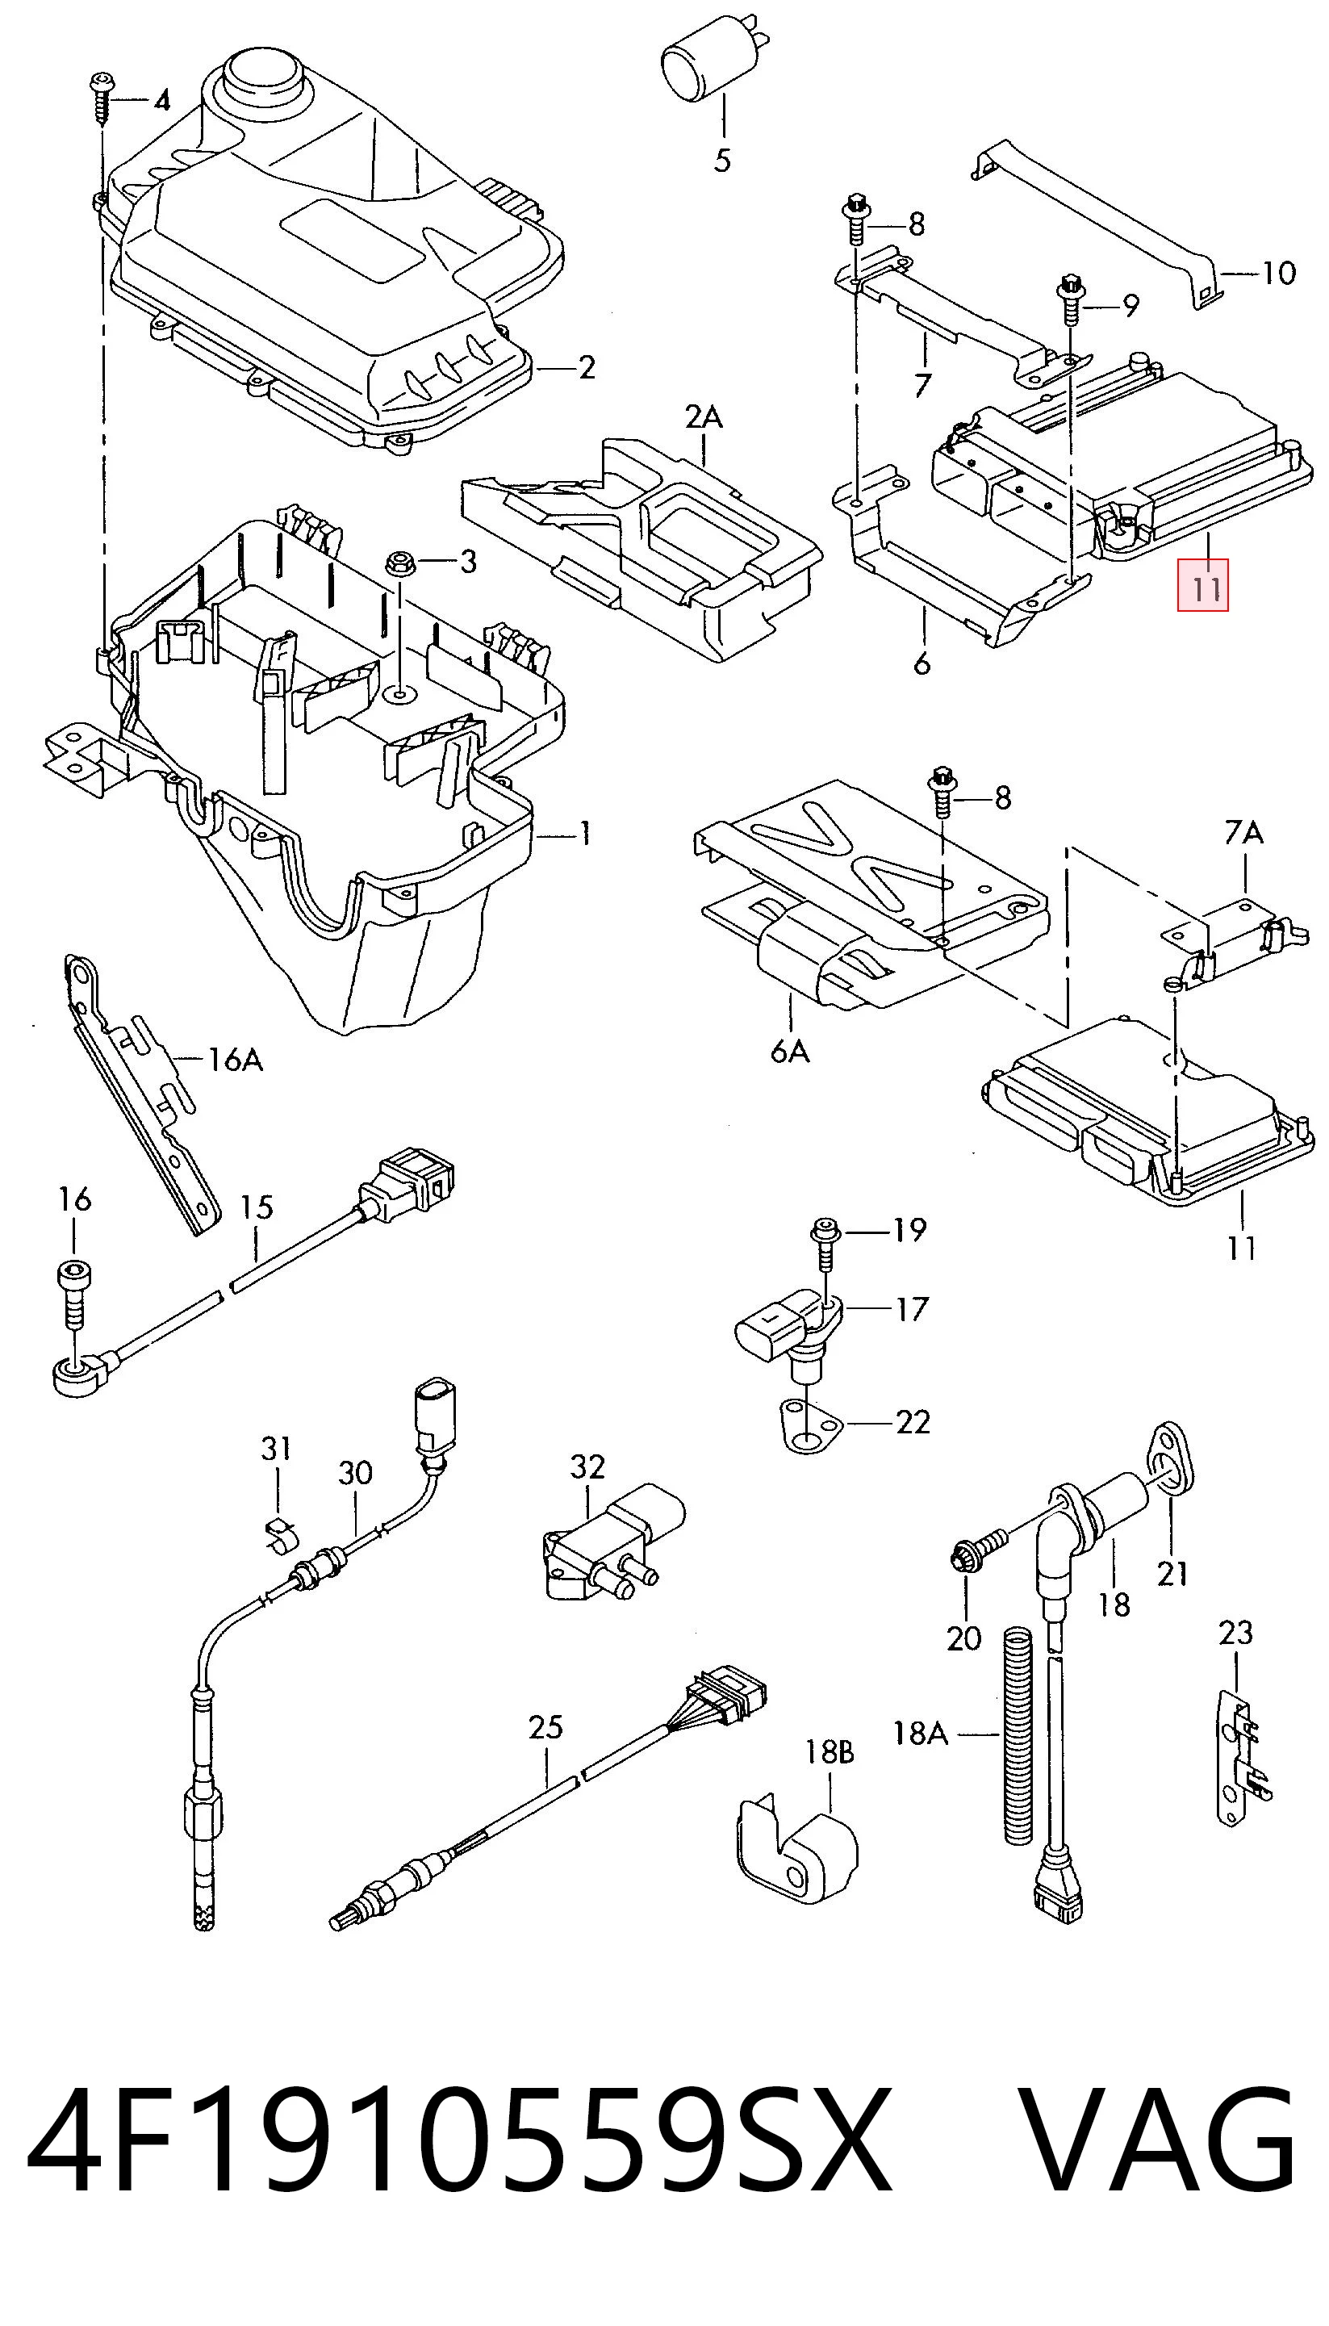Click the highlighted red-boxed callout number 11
click(x=1203, y=584)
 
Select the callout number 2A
click(x=704, y=417)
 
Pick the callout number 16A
click(x=235, y=1060)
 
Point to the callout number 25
click(x=545, y=1727)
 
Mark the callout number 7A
click(x=1243, y=833)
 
